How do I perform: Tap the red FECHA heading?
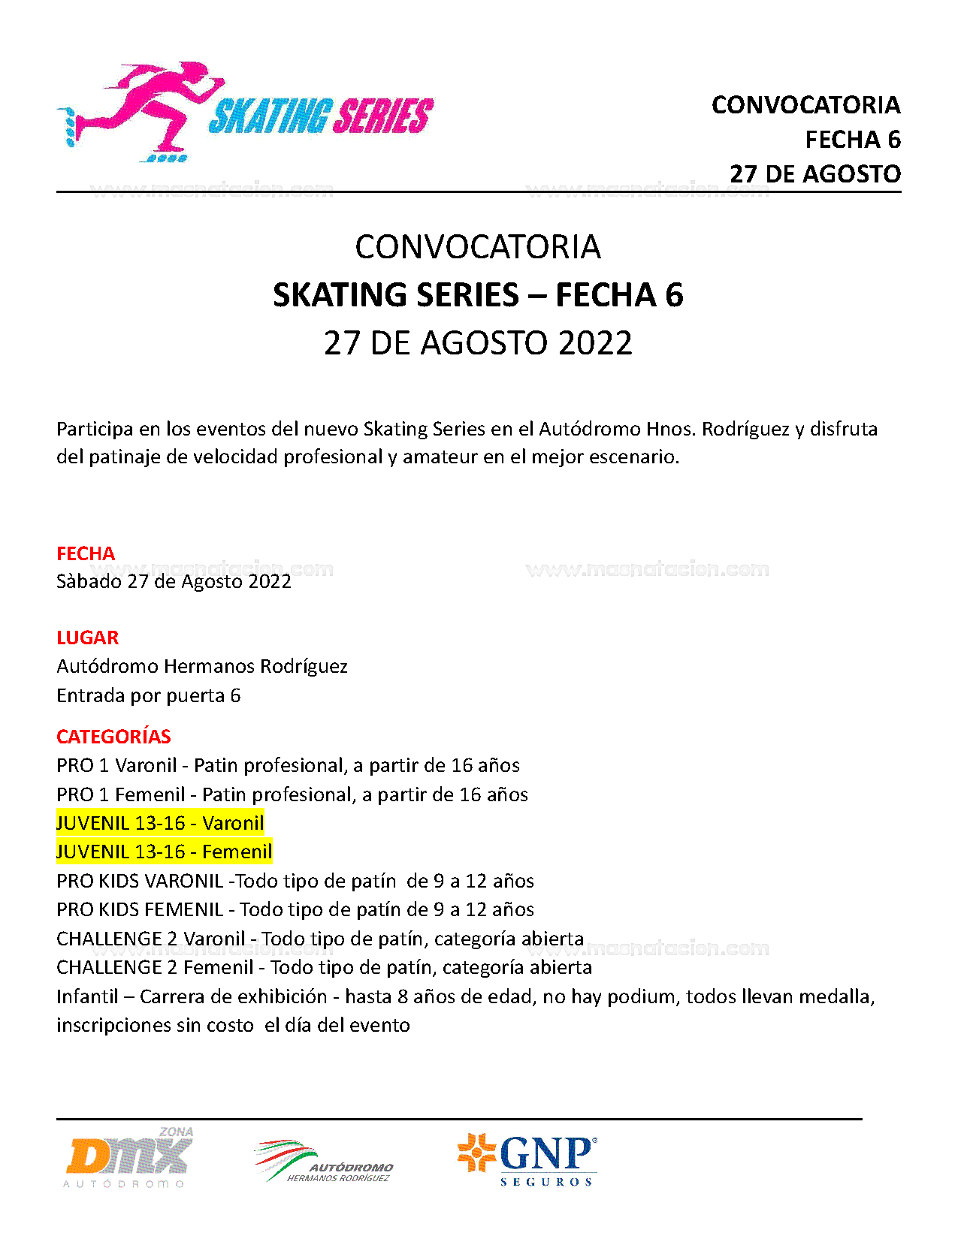pos(86,553)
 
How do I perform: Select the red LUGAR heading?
pos(87,638)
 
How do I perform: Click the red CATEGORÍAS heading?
pos(113,737)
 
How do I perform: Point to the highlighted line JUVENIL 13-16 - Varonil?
pos(160,823)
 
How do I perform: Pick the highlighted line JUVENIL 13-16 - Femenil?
pos(164,852)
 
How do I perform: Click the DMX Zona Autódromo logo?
pos(128,1157)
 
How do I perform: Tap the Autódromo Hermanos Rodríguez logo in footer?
pos(324,1162)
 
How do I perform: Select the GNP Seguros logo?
pos(528,1159)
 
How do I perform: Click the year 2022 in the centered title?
pos(595,343)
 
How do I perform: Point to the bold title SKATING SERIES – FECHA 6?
pos(478,295)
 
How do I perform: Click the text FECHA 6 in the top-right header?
pos(852,140)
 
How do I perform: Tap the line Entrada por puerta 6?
pos(148,695)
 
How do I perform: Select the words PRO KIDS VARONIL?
pos(140,881)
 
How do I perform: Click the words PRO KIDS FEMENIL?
pos(140,909)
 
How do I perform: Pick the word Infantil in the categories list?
pos(87,996)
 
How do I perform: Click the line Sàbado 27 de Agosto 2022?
pos(174,581)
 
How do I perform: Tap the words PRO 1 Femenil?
pos(120,794)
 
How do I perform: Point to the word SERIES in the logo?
pos(382,116)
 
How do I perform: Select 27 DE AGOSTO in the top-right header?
pos(814,174)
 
